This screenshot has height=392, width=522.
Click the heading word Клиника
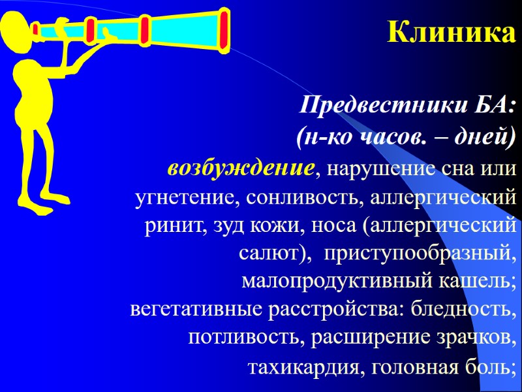pyautogui.click(x=451, y=32)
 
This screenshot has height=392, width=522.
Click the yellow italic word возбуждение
pyautogui.click(x=241, y=169)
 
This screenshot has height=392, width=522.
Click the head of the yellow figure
pyautogui.click(x=16, y=33)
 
